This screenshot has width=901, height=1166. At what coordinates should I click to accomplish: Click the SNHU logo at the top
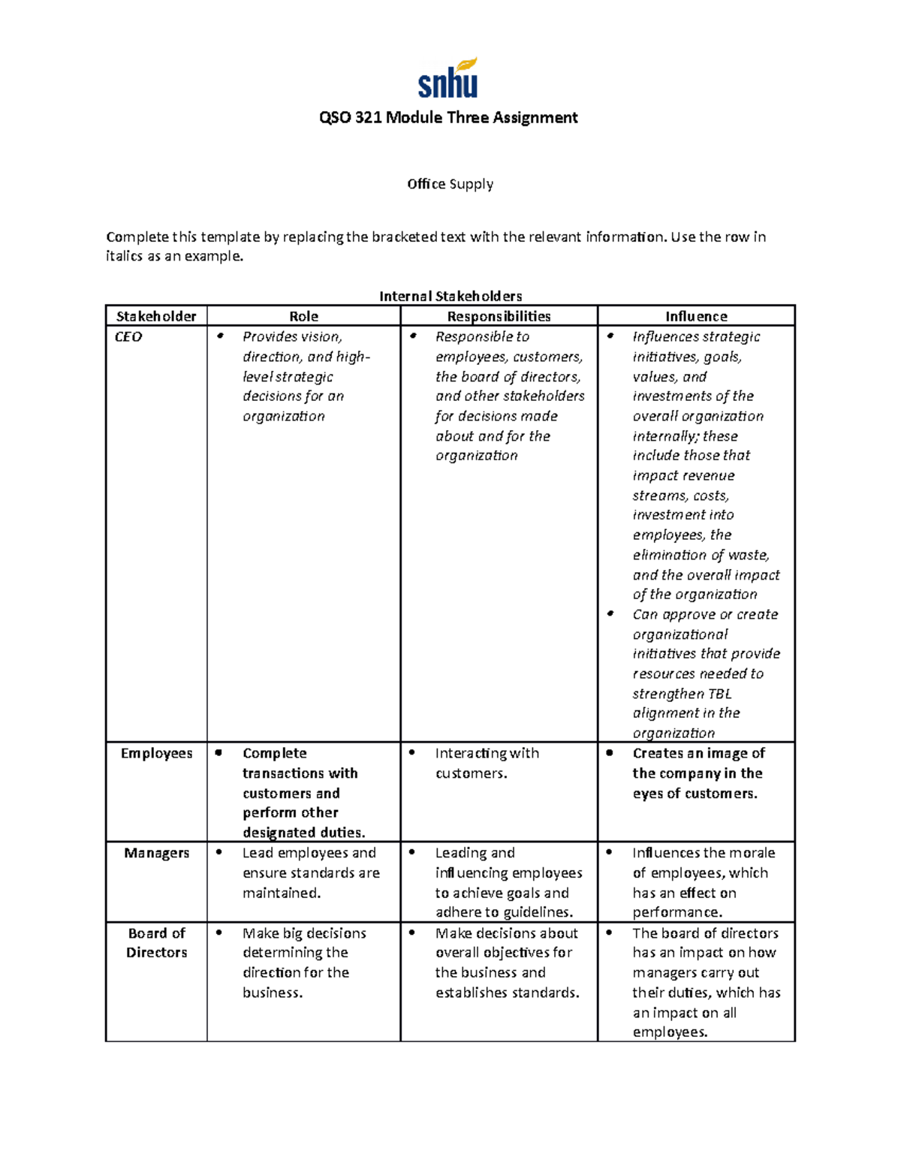(x=448, y=79)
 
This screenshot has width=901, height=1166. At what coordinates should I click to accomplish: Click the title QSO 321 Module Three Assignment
(x=448, y=118)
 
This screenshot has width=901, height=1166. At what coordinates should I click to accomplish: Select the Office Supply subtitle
(x=450, y=184)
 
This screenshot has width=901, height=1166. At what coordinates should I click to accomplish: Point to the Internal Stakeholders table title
(x=450, y=296)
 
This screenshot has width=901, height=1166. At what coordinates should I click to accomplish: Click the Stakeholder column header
(x=156, y=316)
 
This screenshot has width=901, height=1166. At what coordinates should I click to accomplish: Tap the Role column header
(x=303, y=316)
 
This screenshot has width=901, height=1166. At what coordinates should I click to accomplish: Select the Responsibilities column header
(x=499, y=316)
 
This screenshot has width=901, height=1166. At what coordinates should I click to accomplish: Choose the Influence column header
(x=696, y=316)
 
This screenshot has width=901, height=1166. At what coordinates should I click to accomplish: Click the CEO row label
(x=128, y=337)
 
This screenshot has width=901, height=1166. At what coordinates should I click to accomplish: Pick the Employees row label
(x=156, y=753)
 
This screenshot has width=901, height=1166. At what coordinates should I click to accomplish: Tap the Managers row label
(x=156, y=853)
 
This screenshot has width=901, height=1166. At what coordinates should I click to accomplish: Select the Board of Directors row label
(x=156, y=942)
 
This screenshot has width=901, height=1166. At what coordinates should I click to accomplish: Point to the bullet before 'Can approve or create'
(x=611, y=614)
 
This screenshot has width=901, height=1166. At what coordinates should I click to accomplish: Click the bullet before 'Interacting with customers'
(x=412, y=752)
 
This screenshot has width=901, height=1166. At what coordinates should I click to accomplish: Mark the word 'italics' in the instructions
(x=124, y=256)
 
